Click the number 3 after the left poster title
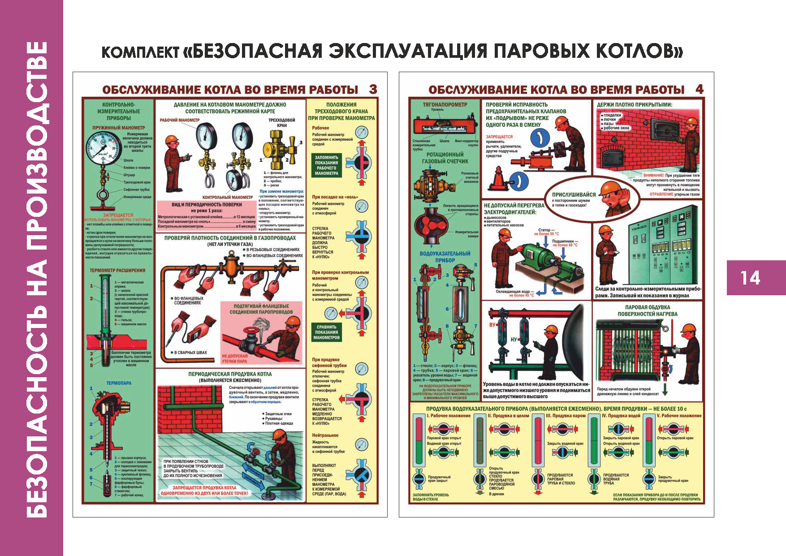373,89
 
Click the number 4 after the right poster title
700,89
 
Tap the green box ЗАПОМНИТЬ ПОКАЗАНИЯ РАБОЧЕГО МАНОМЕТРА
327,165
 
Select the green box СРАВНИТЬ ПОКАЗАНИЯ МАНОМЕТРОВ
327,332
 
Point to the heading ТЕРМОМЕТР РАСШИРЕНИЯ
117,271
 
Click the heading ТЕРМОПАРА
119,383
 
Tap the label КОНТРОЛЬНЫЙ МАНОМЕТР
227,197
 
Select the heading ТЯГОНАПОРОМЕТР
445,105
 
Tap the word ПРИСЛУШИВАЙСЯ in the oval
574,194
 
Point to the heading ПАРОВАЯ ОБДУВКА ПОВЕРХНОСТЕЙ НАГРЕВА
648,310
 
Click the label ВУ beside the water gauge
492,325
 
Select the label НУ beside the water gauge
514,340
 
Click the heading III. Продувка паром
566,416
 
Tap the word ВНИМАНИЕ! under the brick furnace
653,176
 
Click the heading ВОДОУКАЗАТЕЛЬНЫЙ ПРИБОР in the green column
445,257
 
